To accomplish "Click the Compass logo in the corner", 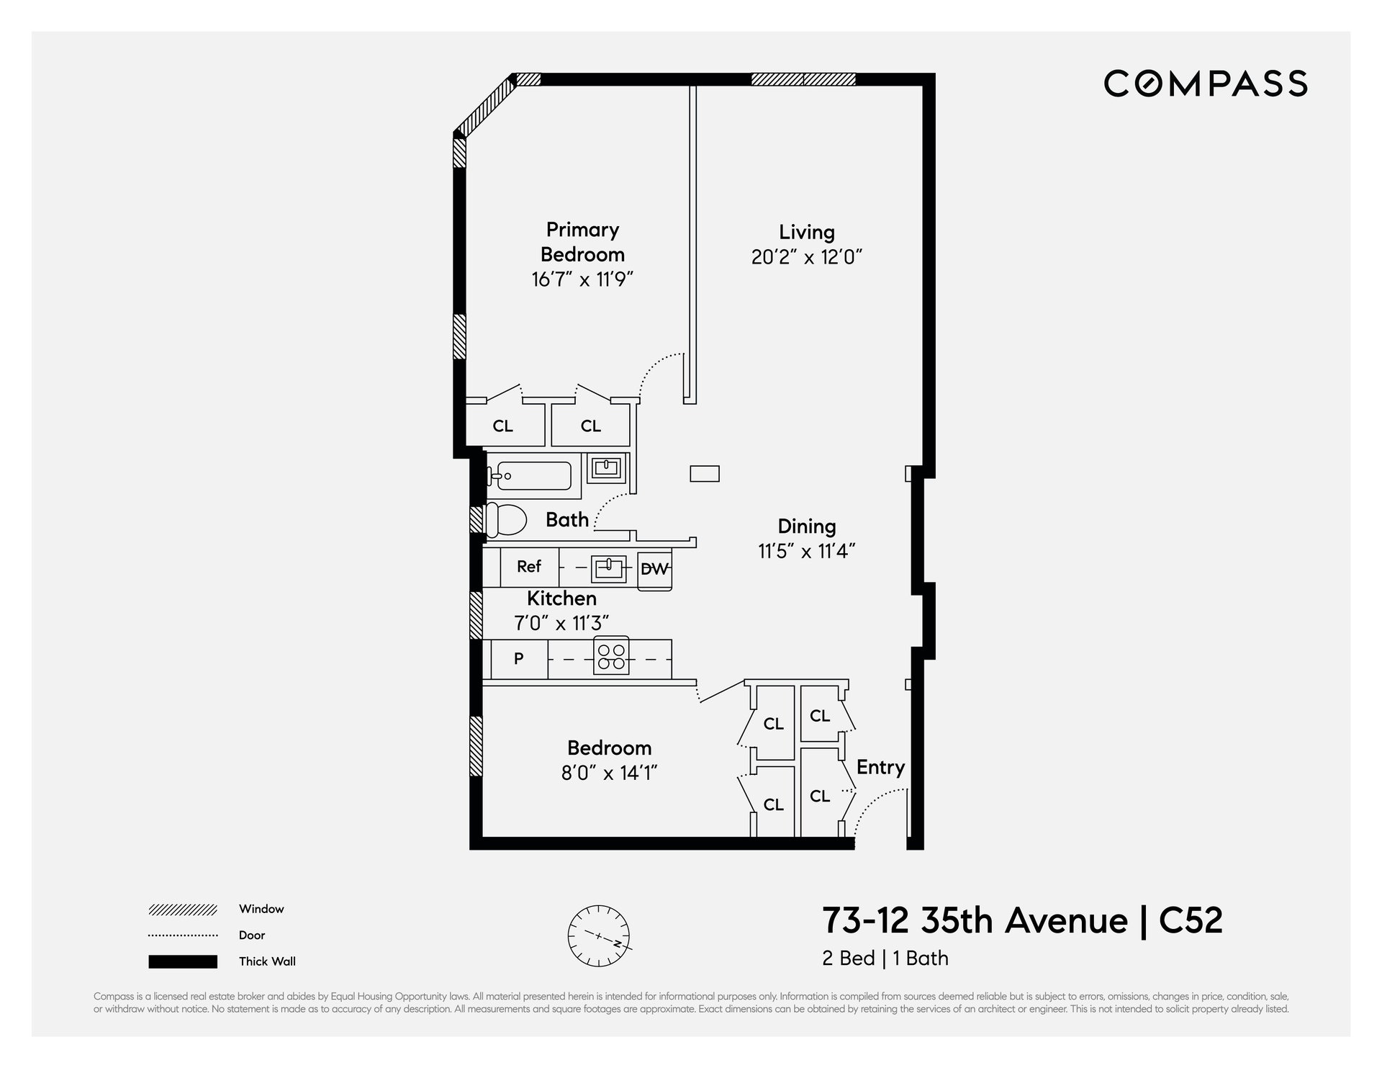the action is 1206,84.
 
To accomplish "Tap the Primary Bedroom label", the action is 582,242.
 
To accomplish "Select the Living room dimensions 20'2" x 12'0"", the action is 807,257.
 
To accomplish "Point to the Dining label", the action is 807,526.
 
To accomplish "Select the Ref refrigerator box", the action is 529,567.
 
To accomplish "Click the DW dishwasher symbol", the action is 655,569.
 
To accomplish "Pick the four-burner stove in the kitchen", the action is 611,656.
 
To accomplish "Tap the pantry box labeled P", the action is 519,659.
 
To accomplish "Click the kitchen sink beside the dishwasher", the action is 609,567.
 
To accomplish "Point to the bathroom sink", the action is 606,468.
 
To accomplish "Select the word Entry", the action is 880,768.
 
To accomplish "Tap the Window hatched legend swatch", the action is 183,910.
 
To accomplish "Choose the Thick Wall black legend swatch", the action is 183,961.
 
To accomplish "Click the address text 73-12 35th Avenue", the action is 975,920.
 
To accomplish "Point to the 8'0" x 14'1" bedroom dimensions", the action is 610,773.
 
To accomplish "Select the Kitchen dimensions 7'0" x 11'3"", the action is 561,623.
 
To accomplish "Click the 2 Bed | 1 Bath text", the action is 885,959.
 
